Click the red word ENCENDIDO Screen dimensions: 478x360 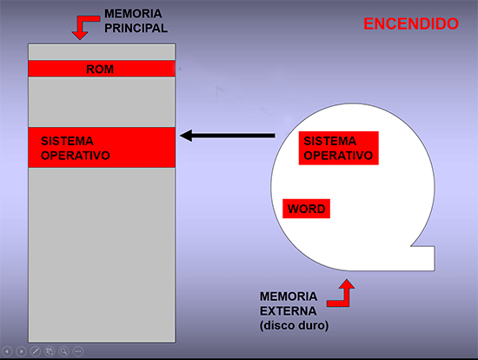pos(411,23)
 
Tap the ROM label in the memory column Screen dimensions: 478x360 pos(100,70)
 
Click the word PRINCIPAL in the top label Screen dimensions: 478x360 pos(136,29)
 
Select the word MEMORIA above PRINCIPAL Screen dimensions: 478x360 pos(133,14)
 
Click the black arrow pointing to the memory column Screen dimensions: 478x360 pos(228,136)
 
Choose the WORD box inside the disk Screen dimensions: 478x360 pos(307,209)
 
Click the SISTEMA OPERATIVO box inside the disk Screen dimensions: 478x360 pos(339,149)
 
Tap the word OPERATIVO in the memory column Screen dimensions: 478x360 pos(76,156)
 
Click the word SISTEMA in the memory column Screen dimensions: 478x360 pos(67,141)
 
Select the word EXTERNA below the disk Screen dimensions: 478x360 pos(288,311)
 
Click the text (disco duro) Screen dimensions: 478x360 pos(294,325)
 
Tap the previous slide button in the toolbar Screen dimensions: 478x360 pos(7,351)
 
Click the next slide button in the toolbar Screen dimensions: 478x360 pos(22,351)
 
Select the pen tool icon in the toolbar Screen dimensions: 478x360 pos(36,351)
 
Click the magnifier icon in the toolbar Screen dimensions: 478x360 pos(63,351)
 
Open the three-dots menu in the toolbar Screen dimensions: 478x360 pos(78,351)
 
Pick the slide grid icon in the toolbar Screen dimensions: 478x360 pos(50,351)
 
